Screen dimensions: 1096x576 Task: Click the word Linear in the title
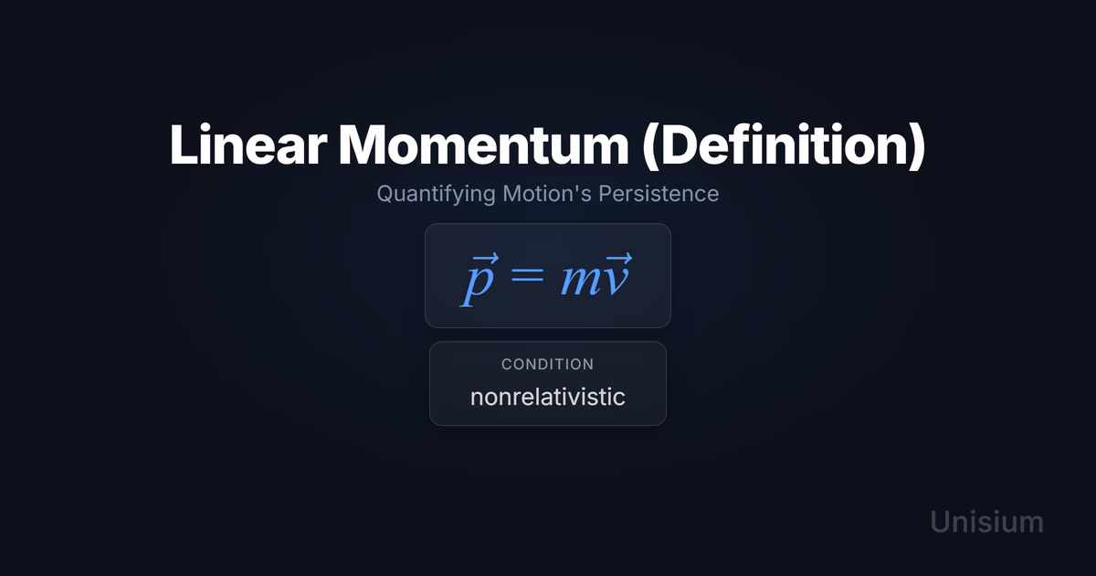[248, 144]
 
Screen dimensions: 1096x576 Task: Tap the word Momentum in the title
[483, 144]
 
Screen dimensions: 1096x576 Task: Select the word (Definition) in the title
[784, 146]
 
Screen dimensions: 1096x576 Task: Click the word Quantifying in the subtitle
[436, 195]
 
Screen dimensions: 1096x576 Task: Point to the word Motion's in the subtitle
[547, 193]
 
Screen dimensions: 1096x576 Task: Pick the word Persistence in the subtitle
[659, 193]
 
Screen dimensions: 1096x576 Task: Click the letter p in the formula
[477, 285]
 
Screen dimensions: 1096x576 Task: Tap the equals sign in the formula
[527, 274]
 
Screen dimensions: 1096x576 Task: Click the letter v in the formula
[615, 281]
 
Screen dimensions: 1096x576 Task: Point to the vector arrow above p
[485, 258]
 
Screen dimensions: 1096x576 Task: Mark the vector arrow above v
[618, 258]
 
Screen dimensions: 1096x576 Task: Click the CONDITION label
[547, 365]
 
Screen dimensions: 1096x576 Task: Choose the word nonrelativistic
[547, 397]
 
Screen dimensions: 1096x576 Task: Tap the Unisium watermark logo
[987, 522]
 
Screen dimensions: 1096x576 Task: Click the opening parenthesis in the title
[651, 146]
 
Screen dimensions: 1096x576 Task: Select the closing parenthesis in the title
[916, 146]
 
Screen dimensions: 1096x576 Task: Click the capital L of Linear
[183, 145]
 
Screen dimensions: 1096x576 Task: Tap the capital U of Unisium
[940, 523]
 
